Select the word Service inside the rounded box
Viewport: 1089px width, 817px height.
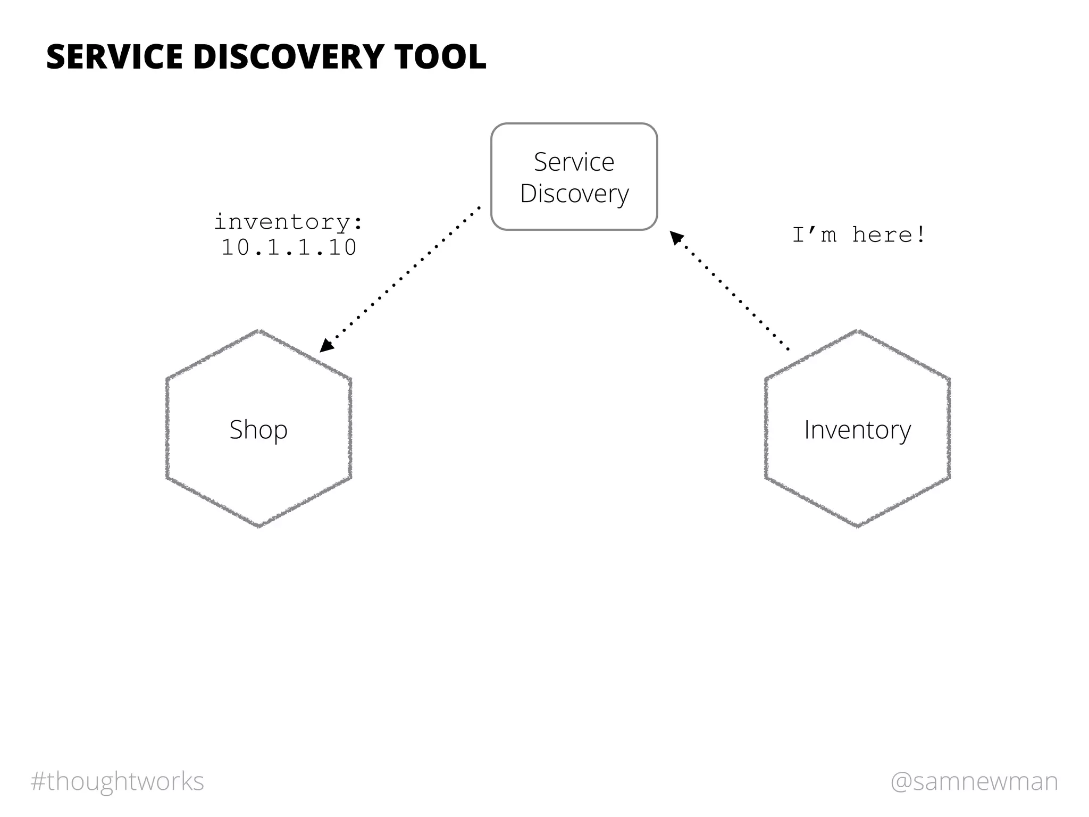574,162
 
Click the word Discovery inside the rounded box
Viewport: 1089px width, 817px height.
574,194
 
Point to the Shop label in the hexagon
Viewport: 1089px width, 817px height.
258,430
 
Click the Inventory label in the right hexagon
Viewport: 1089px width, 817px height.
857,430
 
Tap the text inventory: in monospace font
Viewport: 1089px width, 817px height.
288,222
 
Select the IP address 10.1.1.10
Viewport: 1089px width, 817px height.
289,248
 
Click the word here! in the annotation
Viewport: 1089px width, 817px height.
889,235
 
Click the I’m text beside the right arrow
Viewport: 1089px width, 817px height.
814,235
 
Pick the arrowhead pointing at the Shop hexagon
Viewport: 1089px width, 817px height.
326,345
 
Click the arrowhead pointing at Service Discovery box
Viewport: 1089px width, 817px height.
676,237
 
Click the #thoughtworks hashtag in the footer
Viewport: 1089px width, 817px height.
118,781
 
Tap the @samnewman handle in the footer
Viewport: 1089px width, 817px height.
974,781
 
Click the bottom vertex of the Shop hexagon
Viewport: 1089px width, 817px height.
259,526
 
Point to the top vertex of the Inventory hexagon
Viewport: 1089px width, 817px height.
858,331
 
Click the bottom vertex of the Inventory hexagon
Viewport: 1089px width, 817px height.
858,526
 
